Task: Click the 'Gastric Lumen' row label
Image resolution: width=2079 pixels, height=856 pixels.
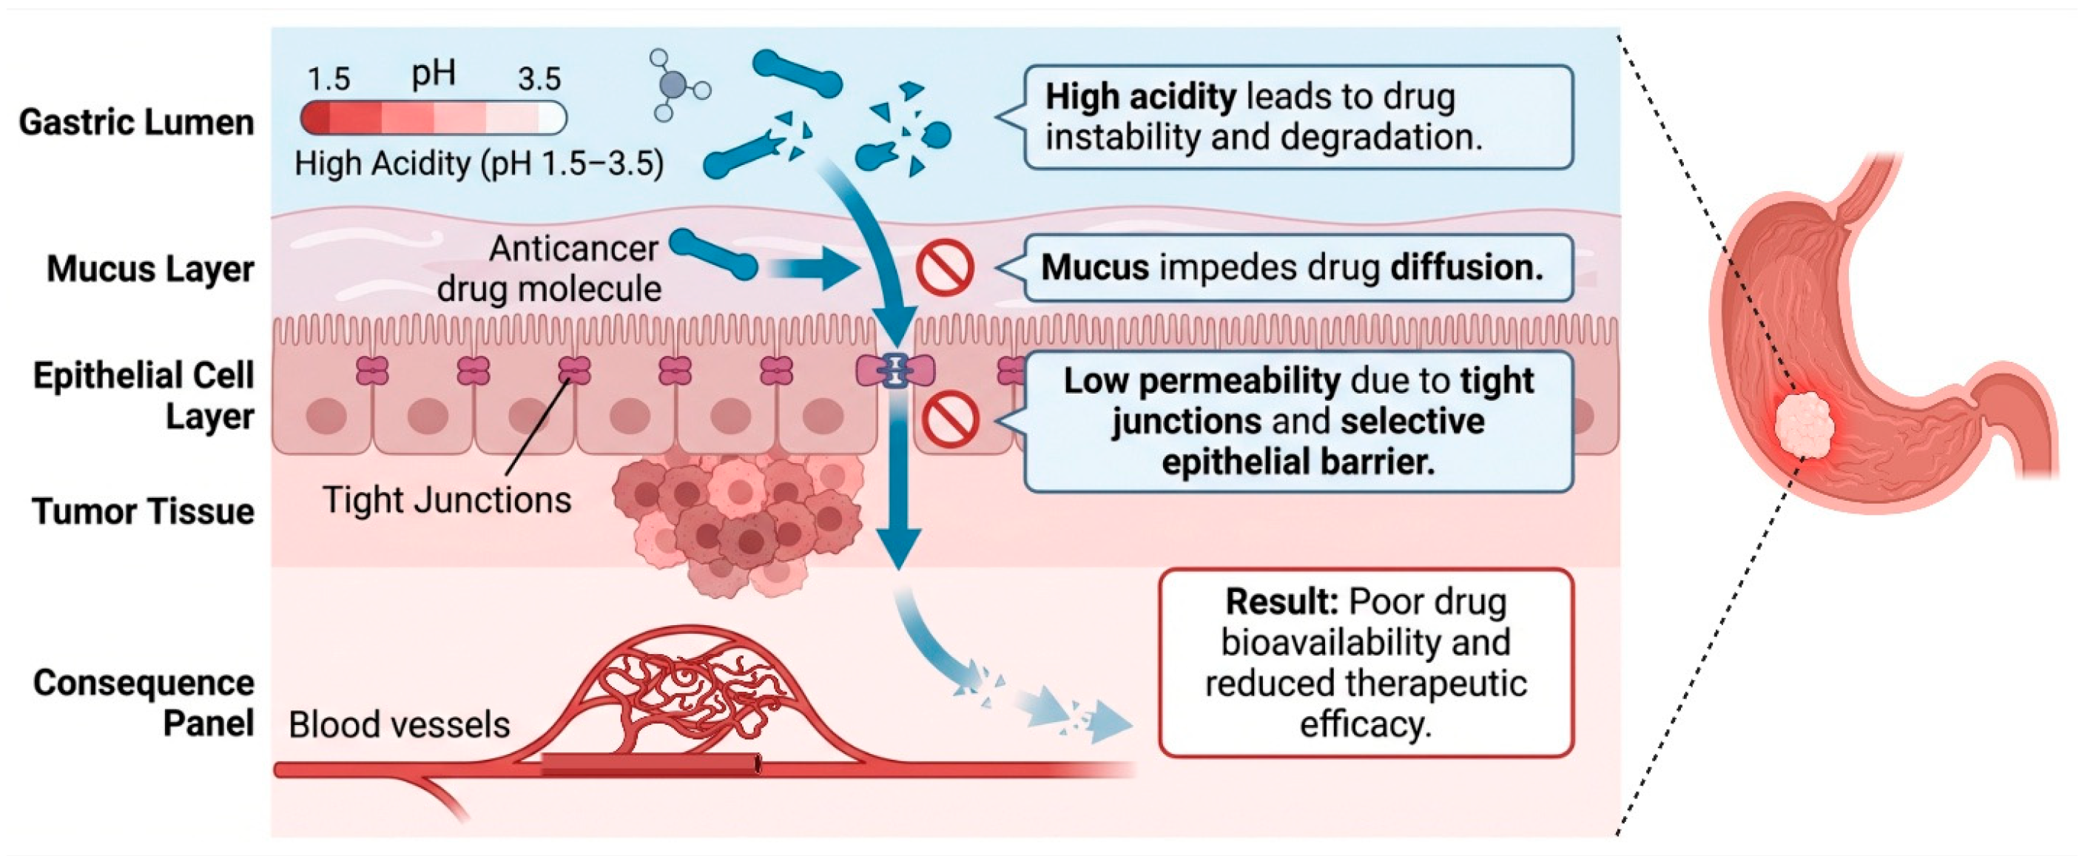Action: pos(136,123)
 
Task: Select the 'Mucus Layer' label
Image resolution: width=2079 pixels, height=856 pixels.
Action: pos(150,269)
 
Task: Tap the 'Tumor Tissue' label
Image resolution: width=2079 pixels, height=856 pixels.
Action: pos(144,510)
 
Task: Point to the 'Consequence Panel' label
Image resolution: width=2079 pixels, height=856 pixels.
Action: pos(144,703)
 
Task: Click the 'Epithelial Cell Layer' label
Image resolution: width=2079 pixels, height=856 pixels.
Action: pos(144,396)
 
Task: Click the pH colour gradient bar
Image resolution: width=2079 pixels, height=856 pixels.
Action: pos(434,118)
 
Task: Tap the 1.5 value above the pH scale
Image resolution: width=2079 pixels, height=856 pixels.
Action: pos(328,79)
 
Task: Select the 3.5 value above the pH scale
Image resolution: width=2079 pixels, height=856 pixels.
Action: pos(539,79)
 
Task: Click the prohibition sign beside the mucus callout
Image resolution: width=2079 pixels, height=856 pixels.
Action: pos(945,268)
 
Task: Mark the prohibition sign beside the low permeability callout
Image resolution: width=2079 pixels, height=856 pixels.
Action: pos(951,419)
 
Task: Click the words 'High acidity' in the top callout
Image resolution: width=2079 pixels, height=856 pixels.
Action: pos(1140,98)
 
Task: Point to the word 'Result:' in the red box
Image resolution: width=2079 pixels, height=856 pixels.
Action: pos(1282,601)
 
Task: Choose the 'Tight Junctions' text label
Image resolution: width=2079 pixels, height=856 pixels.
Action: pos(447,500)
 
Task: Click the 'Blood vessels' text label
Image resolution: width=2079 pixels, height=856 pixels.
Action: pos(400,724)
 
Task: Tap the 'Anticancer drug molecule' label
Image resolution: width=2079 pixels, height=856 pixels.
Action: pos(549,269)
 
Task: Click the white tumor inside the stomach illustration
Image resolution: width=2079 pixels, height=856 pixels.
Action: pos(1805,425)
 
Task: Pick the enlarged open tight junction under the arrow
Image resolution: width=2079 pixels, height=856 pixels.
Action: pos(896,371)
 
